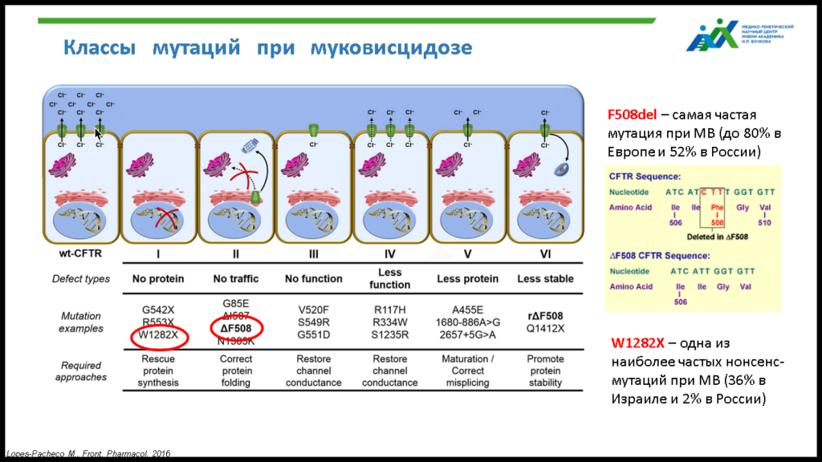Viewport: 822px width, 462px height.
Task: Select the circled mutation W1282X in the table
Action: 157,335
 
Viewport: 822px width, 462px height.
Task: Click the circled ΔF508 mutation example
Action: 236,328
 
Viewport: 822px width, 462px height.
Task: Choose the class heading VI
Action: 545,254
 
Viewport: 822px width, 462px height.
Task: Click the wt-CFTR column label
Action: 79,254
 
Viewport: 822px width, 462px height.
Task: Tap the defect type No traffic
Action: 236,279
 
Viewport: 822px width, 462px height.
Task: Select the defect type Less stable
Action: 546,279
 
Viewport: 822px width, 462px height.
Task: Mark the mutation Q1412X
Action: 546,328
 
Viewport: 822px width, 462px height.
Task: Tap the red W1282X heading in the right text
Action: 637,344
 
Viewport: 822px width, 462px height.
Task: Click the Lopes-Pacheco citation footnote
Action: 88,454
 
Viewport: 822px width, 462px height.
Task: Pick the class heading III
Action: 313,254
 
